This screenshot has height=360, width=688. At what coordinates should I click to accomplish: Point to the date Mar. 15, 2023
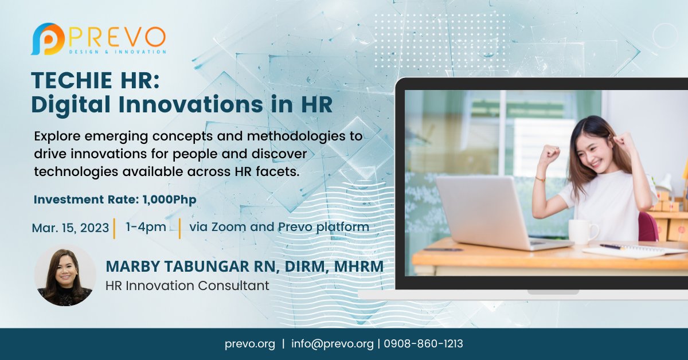pyautogui.click(x=70, y=228)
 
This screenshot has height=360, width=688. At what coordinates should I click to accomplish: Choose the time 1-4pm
pyautogui.click(x=146, y=226)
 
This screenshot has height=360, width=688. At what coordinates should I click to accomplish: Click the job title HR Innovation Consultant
pyautogui.click(x=187, y=285)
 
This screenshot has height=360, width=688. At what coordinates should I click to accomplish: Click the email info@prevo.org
pyautogui.click(x=332, y=344)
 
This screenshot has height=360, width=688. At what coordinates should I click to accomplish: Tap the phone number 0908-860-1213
pyautogui.click(x=423, y=344)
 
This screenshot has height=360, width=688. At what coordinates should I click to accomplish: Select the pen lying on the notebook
pyautogui.click(x=612, y=247)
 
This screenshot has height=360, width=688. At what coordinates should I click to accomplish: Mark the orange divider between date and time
pyautogui.click(x=114, y=228)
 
